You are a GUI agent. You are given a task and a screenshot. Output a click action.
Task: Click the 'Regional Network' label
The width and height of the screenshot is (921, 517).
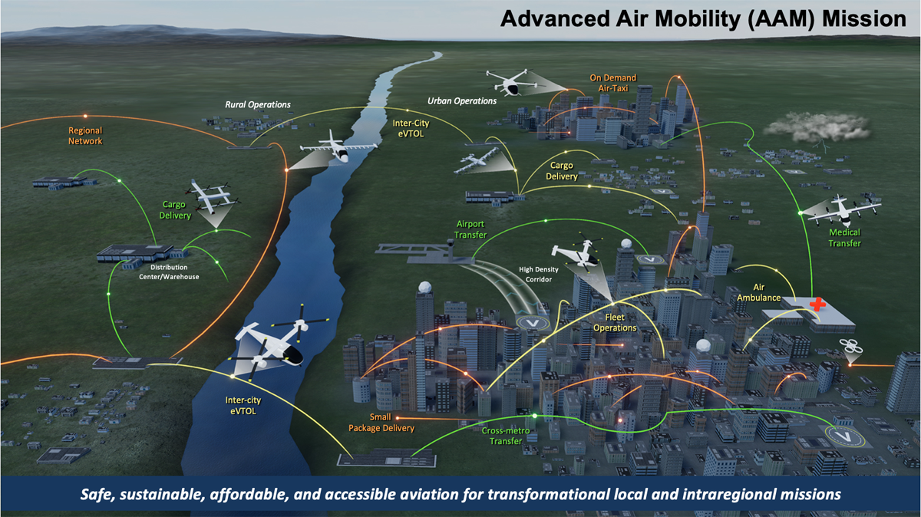tap(84, 136)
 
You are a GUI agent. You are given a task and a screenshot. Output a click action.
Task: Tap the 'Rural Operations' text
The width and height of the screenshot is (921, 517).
tap(258, 104)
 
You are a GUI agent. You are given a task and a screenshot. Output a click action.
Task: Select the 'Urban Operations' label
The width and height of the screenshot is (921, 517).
tap(462, 100)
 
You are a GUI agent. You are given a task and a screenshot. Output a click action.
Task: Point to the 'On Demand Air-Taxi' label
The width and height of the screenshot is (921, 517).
tap(612, 83)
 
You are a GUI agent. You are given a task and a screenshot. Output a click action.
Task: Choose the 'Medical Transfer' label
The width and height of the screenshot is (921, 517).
tap(844, 238)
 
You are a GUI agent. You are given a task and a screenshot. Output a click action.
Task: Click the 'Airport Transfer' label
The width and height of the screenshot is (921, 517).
tap(470, 229)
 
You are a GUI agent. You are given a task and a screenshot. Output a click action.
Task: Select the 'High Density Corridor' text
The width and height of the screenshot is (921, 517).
tap(539, 275)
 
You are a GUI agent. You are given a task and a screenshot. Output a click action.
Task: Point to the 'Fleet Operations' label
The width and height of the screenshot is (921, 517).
tap(615, 322)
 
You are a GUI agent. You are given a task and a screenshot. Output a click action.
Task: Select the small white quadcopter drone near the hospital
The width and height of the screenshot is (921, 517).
tap(851, 348)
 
